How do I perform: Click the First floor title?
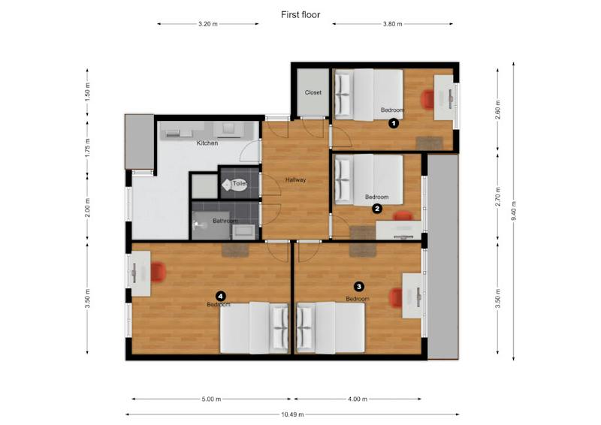tap(300, 14)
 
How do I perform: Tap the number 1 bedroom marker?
tap(394, 123)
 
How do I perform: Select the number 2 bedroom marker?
tap(377, 209)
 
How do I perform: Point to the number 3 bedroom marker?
tap(359, 286)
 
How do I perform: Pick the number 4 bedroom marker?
tap(220, 296)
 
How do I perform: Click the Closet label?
tap(313, 92)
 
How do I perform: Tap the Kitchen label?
tap(207, 143)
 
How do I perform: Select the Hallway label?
tap(295, 179)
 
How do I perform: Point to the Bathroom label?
tap(225, 221)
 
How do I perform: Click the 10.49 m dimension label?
tap(292, 414)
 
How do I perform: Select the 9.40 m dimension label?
tap(514, 211)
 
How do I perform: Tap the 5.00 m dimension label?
tap(212, 399)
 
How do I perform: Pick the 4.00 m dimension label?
tap(358, 399)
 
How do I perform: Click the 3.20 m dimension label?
tap(208, 24)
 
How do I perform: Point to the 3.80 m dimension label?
tap(392, 24)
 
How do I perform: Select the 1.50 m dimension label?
tap(88, 92)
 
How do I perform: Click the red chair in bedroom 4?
tap(159, 271)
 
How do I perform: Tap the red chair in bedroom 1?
tap(427, 99)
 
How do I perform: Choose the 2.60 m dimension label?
tap(498, 110)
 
